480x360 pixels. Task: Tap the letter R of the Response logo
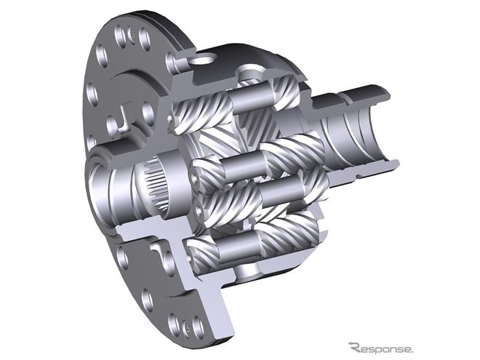point(356,348)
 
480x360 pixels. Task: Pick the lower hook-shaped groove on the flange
point(159,249)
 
